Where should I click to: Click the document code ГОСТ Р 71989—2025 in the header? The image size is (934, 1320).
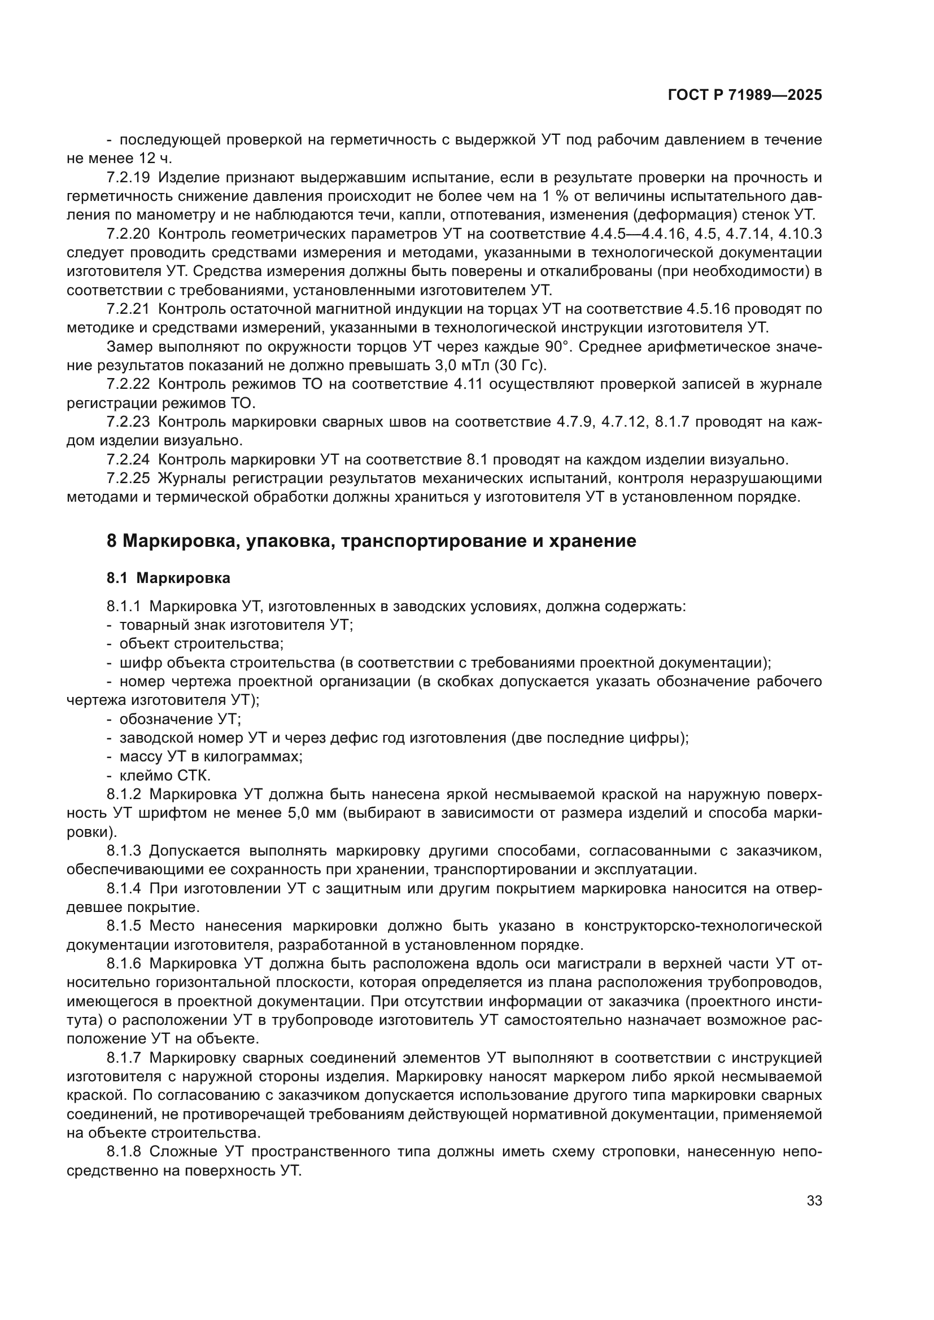(745, 95)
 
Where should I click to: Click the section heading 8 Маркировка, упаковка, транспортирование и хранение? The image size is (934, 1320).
(372, 541)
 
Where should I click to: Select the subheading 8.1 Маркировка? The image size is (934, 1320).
(168, 578)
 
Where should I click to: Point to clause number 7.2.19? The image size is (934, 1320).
(128, 178)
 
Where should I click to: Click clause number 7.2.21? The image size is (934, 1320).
(128, 309)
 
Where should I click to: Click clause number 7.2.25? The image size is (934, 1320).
(128, 479)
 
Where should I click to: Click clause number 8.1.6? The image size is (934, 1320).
(124, 964)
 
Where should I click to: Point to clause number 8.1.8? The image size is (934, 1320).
(124, 1152)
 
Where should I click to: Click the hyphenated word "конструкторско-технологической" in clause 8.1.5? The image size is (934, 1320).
(702, 926)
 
